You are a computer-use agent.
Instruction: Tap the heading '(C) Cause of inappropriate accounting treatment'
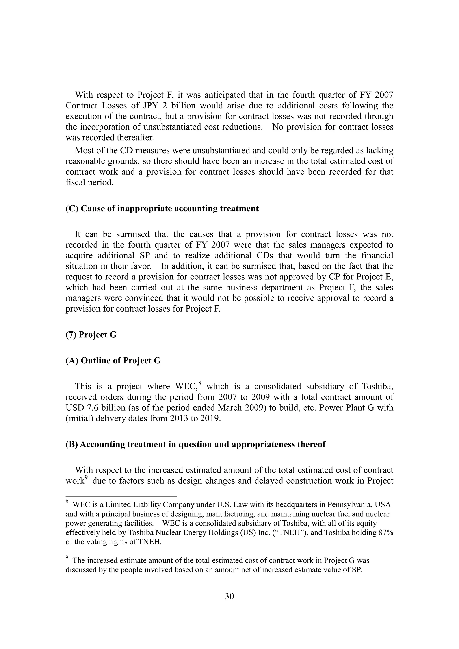click(x=162, y=209)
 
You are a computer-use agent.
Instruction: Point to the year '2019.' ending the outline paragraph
click(x=211, y=419)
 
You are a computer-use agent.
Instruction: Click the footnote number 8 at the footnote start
click(x=67, y=502)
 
